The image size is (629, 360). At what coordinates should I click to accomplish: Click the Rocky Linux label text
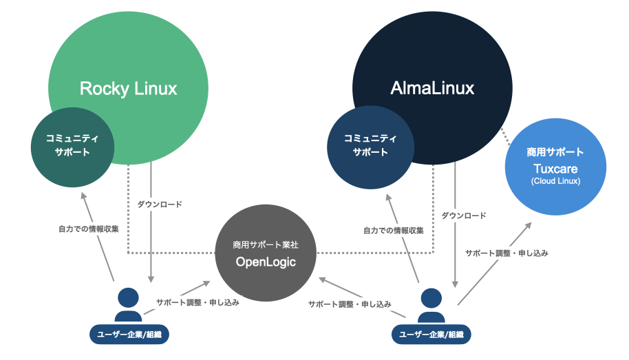pyautogui.click(x=128, y=89)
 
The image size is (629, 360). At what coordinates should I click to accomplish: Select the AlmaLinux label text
pyautogui.click(x=432, y=89)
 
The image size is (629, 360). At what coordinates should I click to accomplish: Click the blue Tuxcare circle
pyautogui.click(x=555, y=165)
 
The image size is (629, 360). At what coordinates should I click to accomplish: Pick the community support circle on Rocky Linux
pyautogui.click(x=72, y=146)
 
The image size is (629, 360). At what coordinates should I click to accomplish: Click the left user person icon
pyautogui.click(x=128, y=304)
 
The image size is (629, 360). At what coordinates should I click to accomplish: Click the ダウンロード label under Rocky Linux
pyautogui.click(x=160, y=204)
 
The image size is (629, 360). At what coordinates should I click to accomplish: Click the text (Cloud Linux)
pyautogui.click(x=555, y=181)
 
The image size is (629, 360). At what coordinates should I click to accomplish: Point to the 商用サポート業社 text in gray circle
pyautogui.click(x=265, y=244)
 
